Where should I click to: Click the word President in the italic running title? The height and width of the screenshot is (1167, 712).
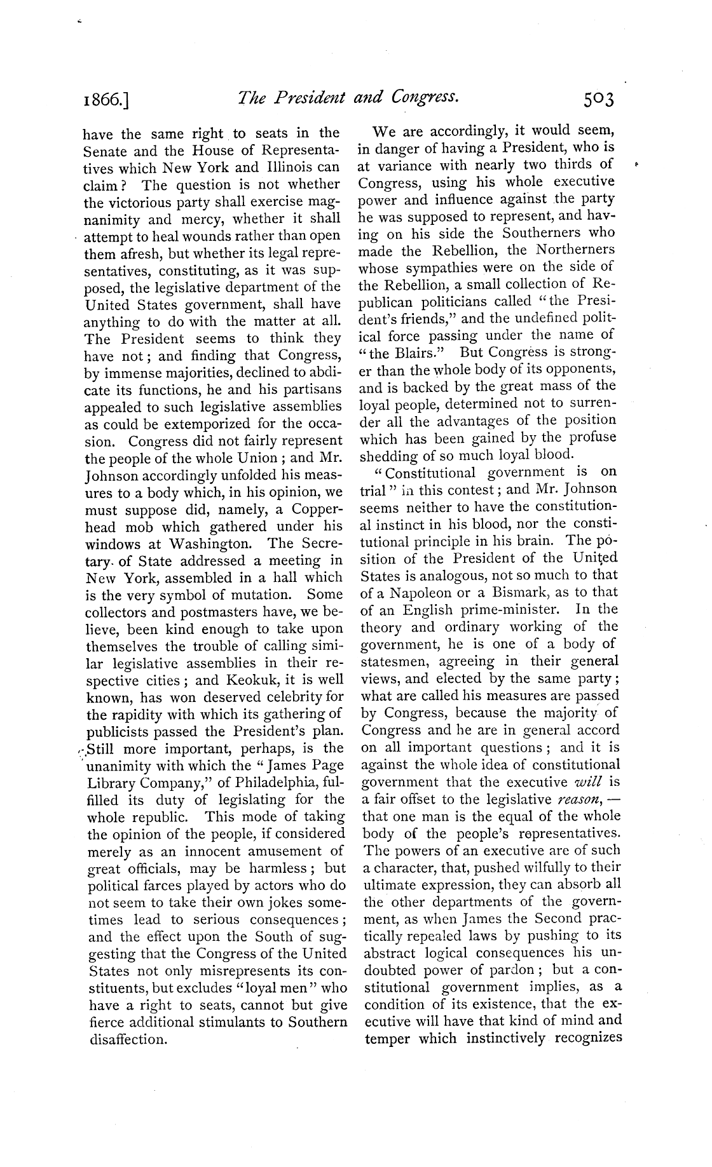(x=305, y=97)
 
